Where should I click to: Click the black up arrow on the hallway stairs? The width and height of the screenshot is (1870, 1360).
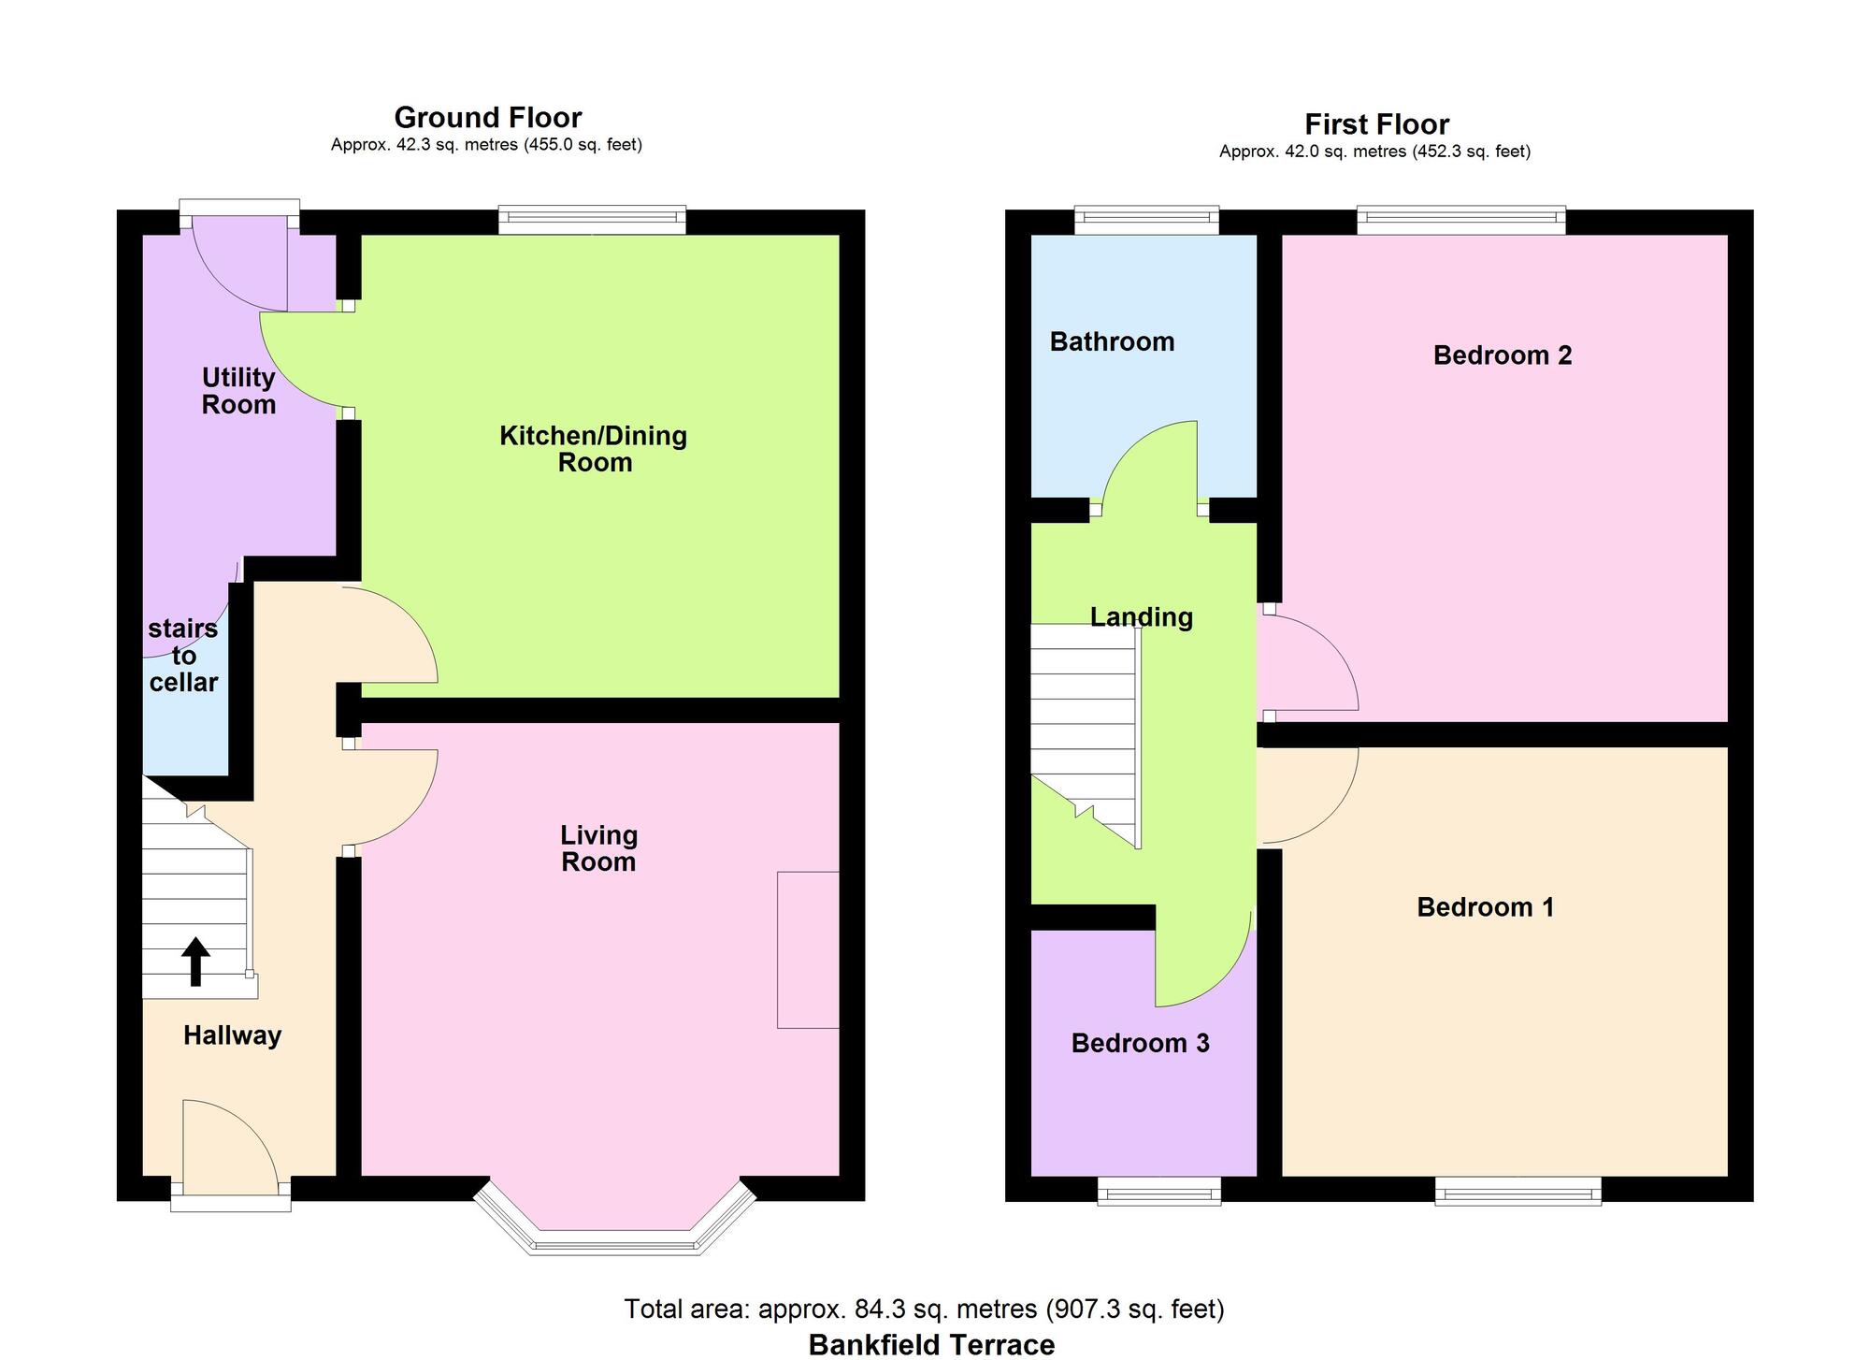[195, 962]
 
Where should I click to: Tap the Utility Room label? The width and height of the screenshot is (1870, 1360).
[238, 391]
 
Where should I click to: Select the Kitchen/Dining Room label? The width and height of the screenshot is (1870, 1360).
[594, 449]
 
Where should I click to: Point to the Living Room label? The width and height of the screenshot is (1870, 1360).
[598, 848]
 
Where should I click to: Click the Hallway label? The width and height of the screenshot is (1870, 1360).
[232, 1035]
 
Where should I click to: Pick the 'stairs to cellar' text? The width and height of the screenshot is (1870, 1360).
[183, 656]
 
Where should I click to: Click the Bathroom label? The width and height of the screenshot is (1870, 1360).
[1112, 341]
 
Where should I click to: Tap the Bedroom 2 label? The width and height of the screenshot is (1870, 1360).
[1503, 355]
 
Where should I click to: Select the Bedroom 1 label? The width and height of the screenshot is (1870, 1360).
[1486, 907]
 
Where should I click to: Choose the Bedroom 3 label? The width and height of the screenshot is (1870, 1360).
[1140, 1043]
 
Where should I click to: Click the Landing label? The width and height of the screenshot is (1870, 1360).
[1142, 617]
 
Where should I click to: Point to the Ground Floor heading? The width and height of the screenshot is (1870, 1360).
[488, 118]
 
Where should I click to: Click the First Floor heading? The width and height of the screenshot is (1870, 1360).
[1376, 124]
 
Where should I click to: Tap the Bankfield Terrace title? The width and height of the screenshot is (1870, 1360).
[931, 1345]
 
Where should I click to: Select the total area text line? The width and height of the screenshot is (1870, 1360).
[924, 1309]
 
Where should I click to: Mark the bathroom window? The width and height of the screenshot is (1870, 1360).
[1146, 220]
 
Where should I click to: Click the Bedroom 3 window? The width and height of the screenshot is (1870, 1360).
[1158, 1191]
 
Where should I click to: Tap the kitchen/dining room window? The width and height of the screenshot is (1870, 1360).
[592, 221]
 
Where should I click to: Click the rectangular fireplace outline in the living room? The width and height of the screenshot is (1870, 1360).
[808, 950]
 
